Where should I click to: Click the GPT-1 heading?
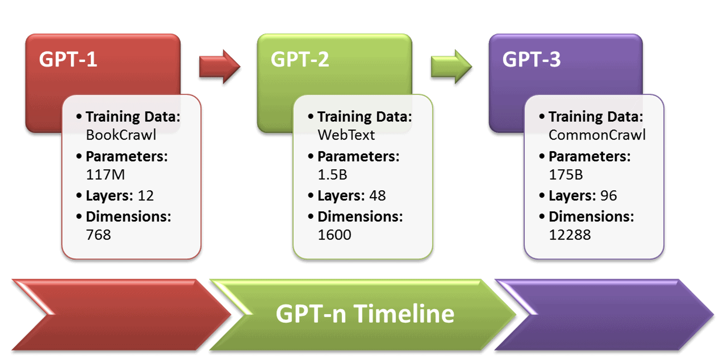click(x=68, y=60)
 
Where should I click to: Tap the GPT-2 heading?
click(x=300, y=60)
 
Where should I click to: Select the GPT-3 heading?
click(x=531, y=60)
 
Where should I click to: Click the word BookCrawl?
click(x=121, y=135)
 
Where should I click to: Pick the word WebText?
click(x=346, y=135)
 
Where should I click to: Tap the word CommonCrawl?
click(x=597, y=135)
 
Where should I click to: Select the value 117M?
click(x=105, y=175)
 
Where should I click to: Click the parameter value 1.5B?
click(x=332, y=175)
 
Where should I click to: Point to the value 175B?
click(x=566, y=175)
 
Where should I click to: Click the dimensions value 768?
click(x=98, y=235)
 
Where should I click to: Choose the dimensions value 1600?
click(x=334, y=235)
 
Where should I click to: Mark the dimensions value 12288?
click(x=569, y=235)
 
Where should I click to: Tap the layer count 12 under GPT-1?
click(x=146, y=196)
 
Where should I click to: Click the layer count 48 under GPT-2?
click(x=377, y=196)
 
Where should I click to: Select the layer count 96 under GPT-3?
click(x=609, y=196)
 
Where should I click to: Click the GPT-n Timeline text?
click(x=365, y=314)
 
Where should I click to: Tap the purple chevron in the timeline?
click(x=616, y=315)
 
